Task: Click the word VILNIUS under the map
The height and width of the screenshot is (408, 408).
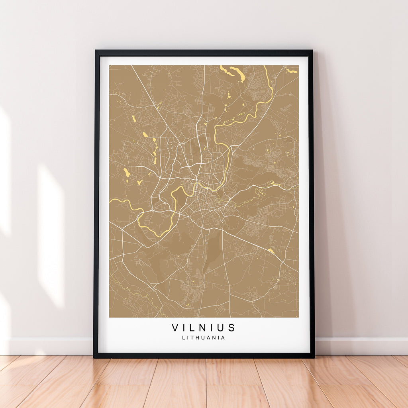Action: point(204,328)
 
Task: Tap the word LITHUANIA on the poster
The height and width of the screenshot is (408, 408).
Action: point(204,338)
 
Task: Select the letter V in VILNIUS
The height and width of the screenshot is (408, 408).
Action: point(175,328)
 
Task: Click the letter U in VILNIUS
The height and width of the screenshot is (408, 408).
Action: point(221,328)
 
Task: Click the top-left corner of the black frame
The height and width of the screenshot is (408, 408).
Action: point(95,51)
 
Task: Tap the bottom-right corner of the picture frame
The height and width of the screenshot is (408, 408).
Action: point(314,357)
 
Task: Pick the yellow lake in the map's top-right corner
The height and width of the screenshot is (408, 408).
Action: point(292,71)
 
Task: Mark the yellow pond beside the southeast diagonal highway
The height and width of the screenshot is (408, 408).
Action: point(271,251)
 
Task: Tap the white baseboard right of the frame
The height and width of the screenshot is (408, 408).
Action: point(361,346)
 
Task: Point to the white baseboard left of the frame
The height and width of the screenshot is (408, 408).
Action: point(48,346)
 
